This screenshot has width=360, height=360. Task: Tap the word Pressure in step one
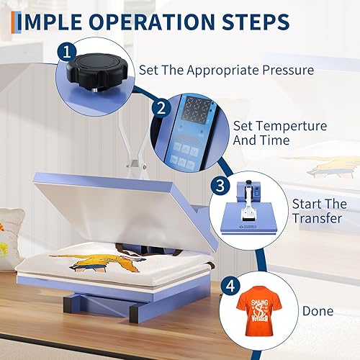pos(289,71)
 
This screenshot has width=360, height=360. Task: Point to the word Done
pos(318,311)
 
